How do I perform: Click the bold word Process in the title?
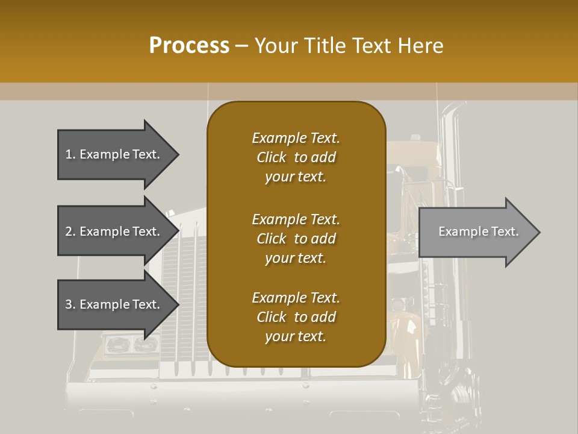(x=189, y=46)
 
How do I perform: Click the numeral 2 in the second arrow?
(x=68, y=231)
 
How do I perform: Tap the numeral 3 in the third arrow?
(x=68, y=304)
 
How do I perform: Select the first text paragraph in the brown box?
(x=296, y=157)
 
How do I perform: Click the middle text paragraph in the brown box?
(x=296, y=239)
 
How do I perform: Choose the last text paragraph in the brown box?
(x=296, y=317)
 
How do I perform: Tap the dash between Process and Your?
(x=241, y=46)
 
